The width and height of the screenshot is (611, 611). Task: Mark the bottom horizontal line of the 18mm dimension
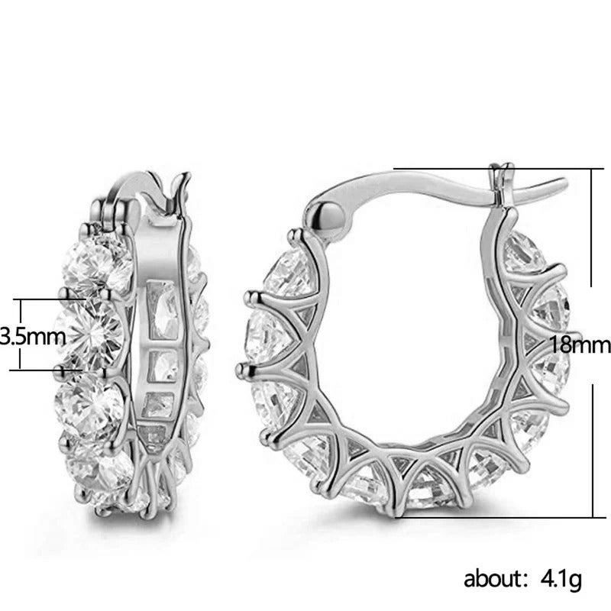(496, 516)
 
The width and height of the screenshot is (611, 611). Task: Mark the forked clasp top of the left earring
(181, 187)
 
